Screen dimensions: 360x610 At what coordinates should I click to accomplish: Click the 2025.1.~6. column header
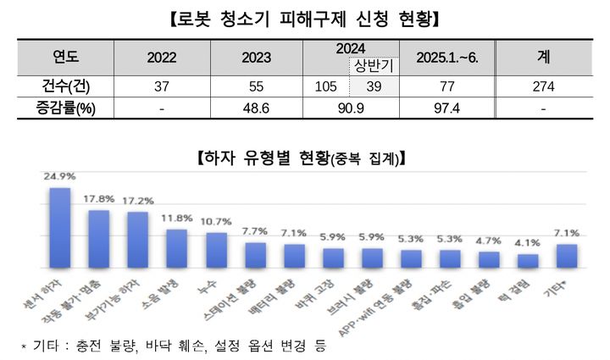tap(448, 58)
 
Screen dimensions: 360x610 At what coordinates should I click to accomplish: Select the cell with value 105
tap(325, 86)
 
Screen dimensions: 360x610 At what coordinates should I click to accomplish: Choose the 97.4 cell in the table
tap(448, 108)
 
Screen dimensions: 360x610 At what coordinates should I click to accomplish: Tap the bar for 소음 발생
tap(176, 247)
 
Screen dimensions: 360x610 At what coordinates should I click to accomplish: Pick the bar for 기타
tap(567, 255)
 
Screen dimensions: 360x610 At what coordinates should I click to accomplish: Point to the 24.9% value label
tap(59, 177)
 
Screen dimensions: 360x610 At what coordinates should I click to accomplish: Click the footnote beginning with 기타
tap(169, 346)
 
